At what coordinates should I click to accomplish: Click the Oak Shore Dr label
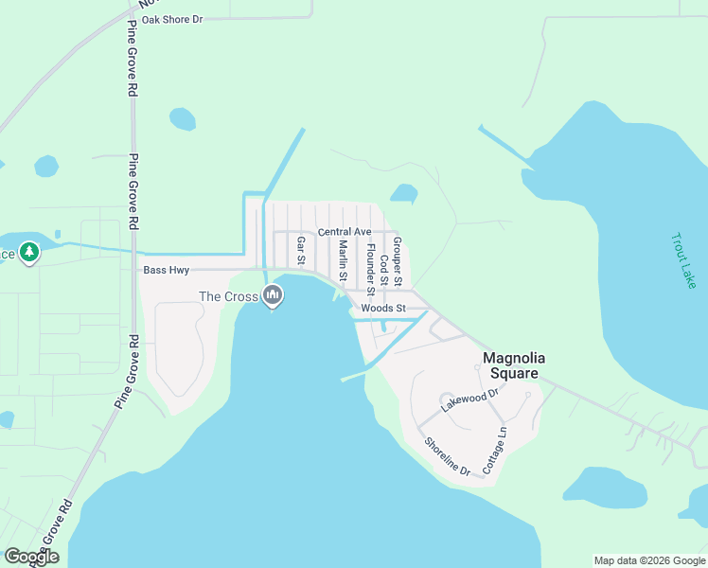click(172, 19)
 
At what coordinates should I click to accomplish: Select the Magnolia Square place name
click(511, 365)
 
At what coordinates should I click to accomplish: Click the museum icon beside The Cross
click(273, 296)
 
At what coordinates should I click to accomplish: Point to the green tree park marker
click(29, 253)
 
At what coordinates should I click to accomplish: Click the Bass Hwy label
click(167, 271)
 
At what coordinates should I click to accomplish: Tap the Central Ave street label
click(345, 232)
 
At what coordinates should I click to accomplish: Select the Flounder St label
click(370, 269)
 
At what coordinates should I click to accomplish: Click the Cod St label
click(383, 269)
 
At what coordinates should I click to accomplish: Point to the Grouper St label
click(398, 262)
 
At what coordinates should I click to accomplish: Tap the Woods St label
click(383, 309)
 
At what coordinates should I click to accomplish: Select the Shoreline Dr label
click(447, 455)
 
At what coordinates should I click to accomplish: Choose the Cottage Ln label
click(495, 451)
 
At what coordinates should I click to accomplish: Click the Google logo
click(31, 557)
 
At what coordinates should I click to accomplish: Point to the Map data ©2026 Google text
click(649, 560)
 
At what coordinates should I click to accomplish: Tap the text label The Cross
click(228, 296)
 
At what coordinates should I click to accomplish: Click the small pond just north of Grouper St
click(404, 194)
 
